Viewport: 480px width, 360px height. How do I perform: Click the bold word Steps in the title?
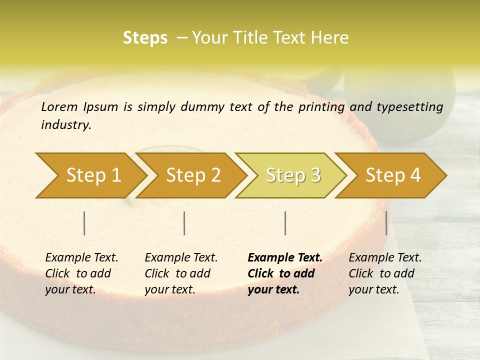tap(145, 38)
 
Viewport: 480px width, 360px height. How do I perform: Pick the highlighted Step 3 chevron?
tap(292, 175)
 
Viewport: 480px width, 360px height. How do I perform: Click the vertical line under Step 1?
tap(84, 223)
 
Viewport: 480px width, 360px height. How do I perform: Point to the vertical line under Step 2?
tap(184, 223)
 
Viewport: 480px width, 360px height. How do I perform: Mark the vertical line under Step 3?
tap(285, 223)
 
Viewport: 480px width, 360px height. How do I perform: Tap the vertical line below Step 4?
tap(386, 223)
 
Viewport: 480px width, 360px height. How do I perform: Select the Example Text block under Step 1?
tap(81, 273)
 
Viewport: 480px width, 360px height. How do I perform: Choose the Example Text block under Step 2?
tap(181, 273)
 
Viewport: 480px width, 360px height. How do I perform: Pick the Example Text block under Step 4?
tap(385, 273)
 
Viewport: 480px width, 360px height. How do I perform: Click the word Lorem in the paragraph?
tap(59, 106)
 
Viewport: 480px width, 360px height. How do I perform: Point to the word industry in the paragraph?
tap(65, 125)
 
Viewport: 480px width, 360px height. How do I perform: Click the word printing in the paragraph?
tap(321, 107)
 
